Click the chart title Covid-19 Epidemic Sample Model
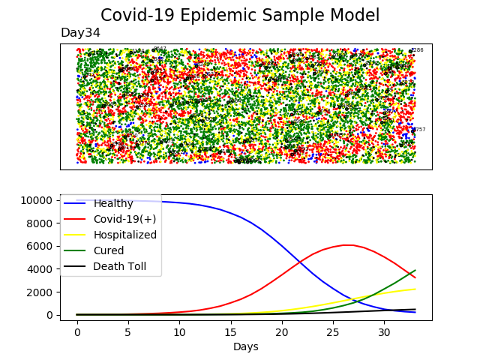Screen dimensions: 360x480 pyautogui.click(x=240, y=16)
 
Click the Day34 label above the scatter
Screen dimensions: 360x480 pyautogui.click(x=80, y=33)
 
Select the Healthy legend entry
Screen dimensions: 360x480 pyautogui.click(x=113, y=203)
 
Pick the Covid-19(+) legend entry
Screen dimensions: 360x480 pyautogui.click(x=120, y=219)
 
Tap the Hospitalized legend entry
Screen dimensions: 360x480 pyautogui.click(x=124, y=235)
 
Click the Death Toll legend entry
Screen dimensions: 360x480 pyautogui.click(x=119, y=266)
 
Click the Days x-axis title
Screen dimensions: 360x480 pyautogui.click(x=246, y=346)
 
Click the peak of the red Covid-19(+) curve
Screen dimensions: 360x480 pyautogui.click(x=345, y=245)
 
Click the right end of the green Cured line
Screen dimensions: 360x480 pyautogui.click(x=415, y=271)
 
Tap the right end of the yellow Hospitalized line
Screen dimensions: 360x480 pyautogui.click(x=415, y=289)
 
